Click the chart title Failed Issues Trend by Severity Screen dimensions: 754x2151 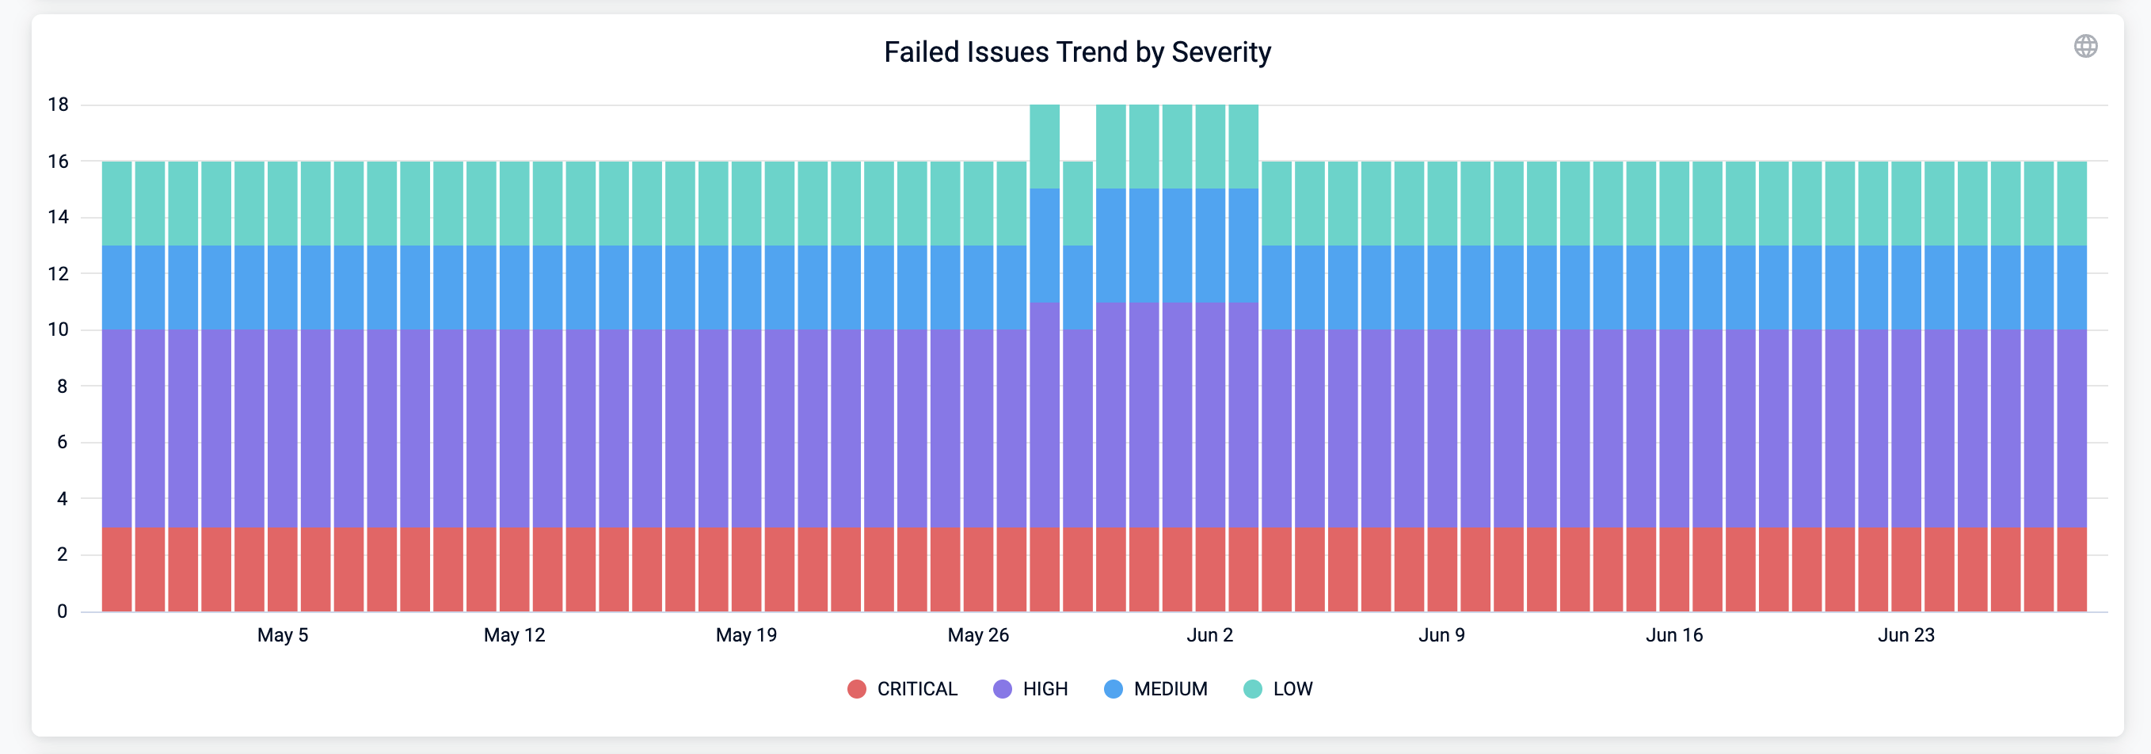(1076, 51)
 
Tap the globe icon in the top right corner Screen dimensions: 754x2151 (2085, 46)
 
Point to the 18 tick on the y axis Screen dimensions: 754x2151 (59, 105)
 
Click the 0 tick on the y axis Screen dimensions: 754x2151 (62, 611)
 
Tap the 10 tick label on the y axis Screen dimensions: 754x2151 (59, 329)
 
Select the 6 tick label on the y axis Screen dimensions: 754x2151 (62, 443)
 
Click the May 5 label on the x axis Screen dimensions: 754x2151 (282, 634)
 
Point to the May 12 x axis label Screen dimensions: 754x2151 (514, 634)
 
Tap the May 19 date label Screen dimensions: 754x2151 (746, 634)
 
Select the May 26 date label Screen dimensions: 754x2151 (978, 634)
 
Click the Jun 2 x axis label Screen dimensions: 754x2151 (1209, 634)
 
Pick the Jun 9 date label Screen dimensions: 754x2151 (1441, 634)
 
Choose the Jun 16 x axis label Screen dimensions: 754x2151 (1673, 634)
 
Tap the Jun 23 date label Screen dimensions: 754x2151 (1905, 634)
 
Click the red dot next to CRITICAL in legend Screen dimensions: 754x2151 (856, 689)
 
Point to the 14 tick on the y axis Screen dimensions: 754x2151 (59, 217)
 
